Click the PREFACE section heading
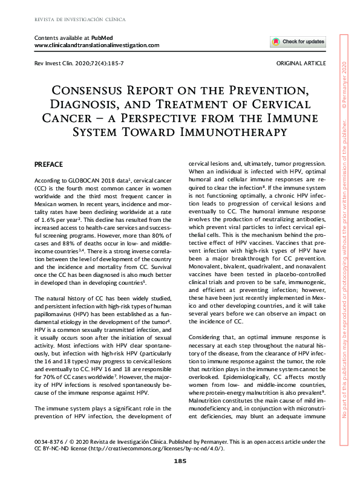tap(50, 164)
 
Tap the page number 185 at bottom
tap(180, 461)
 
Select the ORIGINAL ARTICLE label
tap(300, 63)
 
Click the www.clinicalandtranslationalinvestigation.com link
tap(97, 45)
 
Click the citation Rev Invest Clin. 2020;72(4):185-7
tap(80, 63)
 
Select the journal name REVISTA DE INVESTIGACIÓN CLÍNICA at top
tap(80, 19)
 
